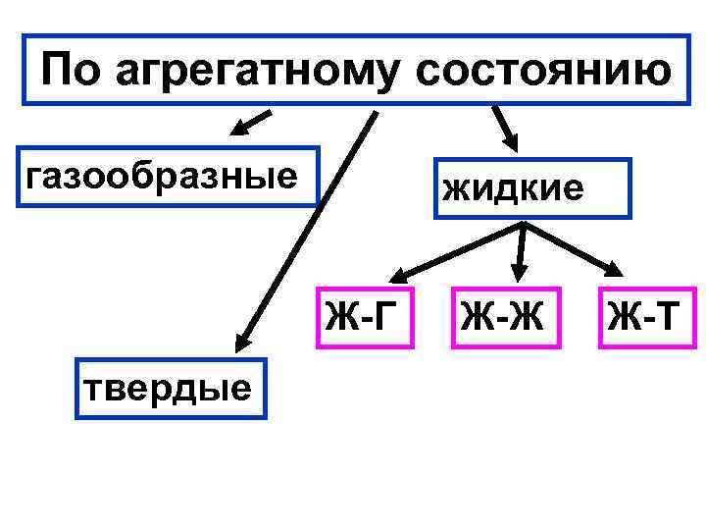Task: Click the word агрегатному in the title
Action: pyautogui.click(x=246, y=70)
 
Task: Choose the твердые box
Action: pyautogui.click(x=170, y=390)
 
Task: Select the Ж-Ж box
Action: pyautogui.click(x=506, y=318)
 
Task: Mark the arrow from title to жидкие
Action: pyautogui.click(x=504, y=127)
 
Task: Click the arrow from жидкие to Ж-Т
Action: pyautogui.click(x=575, y=249)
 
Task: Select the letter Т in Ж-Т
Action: pyautogui.click(x=665, y=318)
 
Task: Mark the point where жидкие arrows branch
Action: pyautogui.click(x=526, y=227)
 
